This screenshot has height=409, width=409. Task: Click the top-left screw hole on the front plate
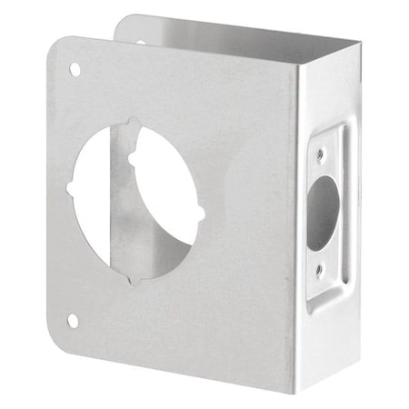tap(75, 70)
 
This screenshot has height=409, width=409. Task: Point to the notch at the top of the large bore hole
tap(135, 123)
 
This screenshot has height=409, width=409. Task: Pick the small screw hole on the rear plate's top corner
tap(140, 40)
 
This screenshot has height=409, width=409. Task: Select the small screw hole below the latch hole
tap(319, 270)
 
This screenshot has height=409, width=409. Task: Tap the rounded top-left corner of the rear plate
tap(123, 20)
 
